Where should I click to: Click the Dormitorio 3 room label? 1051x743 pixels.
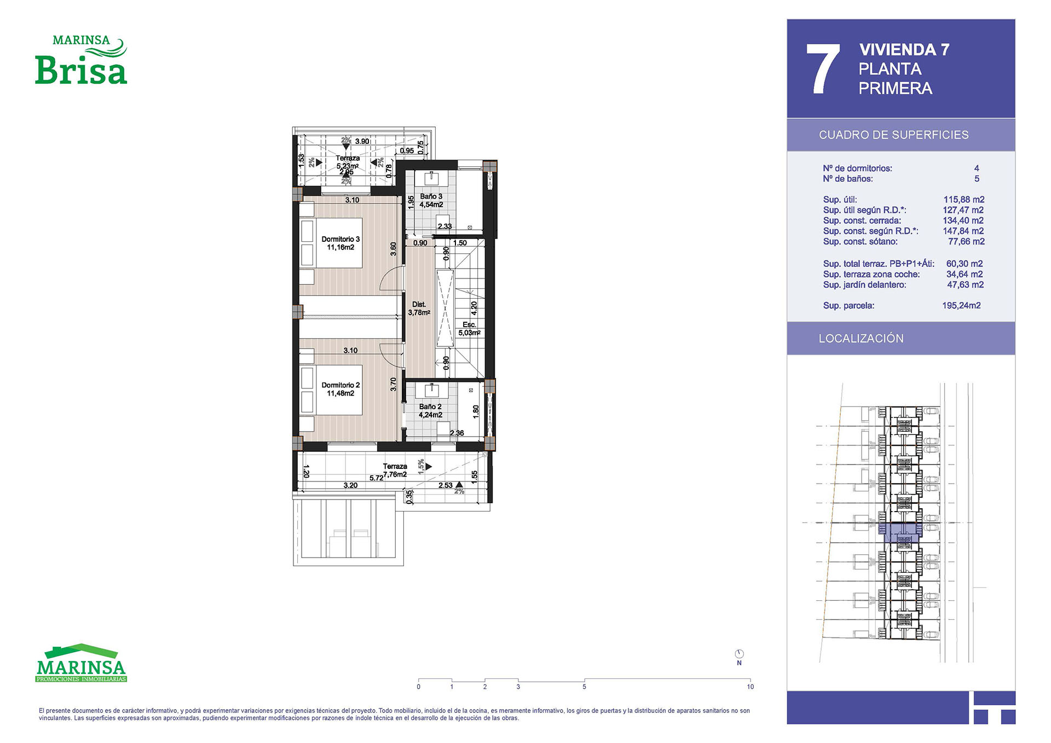pos(340,243)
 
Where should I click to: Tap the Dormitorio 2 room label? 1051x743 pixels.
pos(340,389)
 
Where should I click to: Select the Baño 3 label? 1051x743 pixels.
pos(431,200)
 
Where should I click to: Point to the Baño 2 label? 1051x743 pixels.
pos(430,411)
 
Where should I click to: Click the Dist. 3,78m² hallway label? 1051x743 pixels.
pos(419,309)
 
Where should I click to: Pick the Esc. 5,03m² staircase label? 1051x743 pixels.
pos(469,328)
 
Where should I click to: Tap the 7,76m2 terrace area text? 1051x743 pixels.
pos(395,474)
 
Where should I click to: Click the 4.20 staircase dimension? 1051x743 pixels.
pos(474,308)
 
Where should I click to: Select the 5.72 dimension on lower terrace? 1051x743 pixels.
pos(376,478)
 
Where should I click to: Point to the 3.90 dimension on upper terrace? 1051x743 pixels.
pos(362,141)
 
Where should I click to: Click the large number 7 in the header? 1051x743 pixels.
pos(823,69)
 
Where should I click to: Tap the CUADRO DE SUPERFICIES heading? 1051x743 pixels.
pos(893,135)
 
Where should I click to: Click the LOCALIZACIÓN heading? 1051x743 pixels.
pos(861,338)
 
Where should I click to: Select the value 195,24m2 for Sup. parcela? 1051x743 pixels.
pos(961,305)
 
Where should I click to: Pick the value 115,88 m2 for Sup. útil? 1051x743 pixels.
pos(964,200)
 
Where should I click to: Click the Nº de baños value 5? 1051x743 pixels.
pos(977,179)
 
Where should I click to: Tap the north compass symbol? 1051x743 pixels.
pos(739,654)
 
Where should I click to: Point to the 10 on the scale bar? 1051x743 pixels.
pos(750,687)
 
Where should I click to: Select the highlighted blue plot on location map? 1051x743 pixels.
pos(901,532)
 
